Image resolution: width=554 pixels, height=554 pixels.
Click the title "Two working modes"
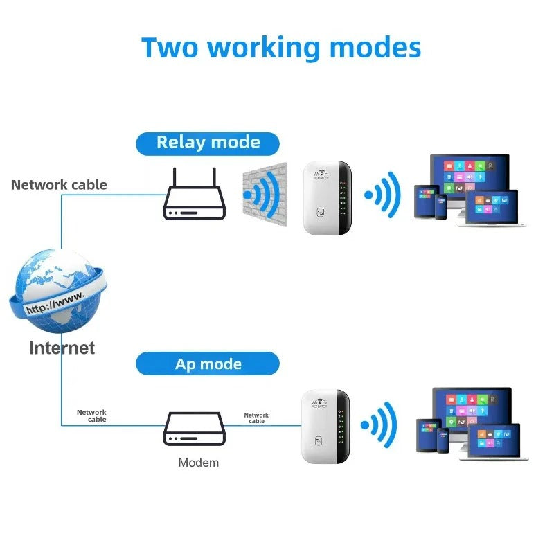281,48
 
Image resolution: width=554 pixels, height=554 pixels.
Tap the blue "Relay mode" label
208,143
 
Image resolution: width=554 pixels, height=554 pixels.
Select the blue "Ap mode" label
208,364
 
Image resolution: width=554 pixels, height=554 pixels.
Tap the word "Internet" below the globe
62,348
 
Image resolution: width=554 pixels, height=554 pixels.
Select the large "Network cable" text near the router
59,185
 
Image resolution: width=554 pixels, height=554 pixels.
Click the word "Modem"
199,463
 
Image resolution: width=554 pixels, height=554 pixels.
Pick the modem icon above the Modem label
195,429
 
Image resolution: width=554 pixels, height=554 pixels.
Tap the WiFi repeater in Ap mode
325,427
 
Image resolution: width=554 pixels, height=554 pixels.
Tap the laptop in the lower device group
497,443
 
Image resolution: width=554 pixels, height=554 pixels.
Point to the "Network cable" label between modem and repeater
256,418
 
